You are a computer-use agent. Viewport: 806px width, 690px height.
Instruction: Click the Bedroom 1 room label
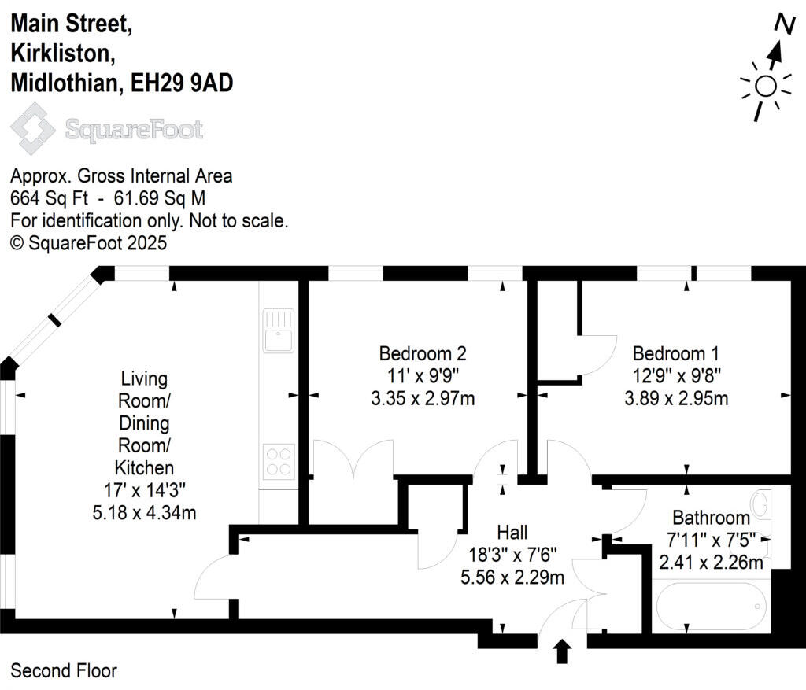[x=675, y=353]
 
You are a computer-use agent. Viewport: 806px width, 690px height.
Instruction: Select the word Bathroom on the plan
[x=711, y=518]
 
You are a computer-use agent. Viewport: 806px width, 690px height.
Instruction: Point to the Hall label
[x=512, y=532]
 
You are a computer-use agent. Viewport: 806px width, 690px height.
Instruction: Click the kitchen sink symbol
[x=279, y=330]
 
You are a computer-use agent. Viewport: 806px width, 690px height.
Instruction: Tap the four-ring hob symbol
[x=279, y=460]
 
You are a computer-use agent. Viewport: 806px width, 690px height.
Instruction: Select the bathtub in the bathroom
[x=709, y=607]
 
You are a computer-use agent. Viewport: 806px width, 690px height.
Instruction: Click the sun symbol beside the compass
[x=765, y=86]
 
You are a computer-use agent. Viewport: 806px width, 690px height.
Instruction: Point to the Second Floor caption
[x=64, y=671]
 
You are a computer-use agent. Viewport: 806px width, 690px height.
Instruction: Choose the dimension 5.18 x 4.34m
[x=144, y=514]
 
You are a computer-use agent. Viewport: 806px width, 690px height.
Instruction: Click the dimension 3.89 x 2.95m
[x=675, y=398]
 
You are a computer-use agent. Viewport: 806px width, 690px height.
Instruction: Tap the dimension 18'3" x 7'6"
[x=512, y=555]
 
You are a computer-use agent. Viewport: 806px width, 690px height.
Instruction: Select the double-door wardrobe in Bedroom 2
[x=353, y=460]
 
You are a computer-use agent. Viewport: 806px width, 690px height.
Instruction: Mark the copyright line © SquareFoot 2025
[x=88, y=243]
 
